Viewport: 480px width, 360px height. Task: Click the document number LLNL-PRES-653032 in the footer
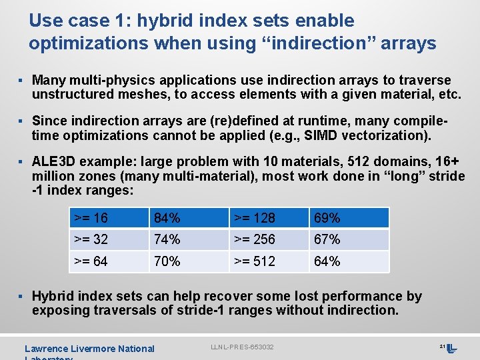242,347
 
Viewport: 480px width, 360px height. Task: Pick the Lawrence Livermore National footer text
89,349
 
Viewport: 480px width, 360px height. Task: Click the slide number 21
442,346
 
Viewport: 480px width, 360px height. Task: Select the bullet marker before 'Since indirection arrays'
21,121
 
